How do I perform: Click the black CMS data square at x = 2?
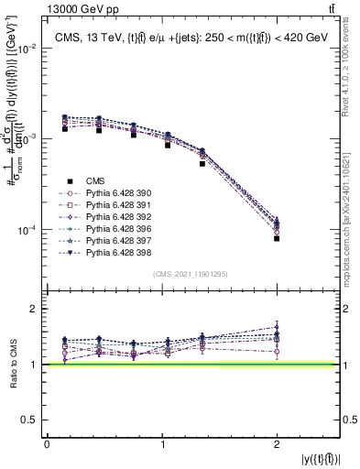click(277, 238)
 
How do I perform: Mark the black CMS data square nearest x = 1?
click(168, 145)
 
